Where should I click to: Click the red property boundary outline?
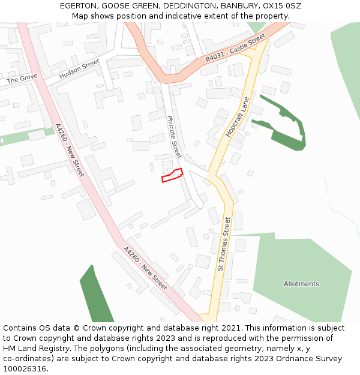click(172, 175)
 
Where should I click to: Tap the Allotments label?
click(301, 284)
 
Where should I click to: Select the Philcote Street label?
click(173, 137)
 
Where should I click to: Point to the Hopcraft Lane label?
click(237, 117)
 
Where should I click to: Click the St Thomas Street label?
click(224, 244)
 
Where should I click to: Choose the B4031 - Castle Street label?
click(235, 49)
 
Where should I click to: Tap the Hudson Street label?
click(79, 69)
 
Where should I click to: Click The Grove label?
click(22, 79)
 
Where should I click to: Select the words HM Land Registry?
click(36, 349)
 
